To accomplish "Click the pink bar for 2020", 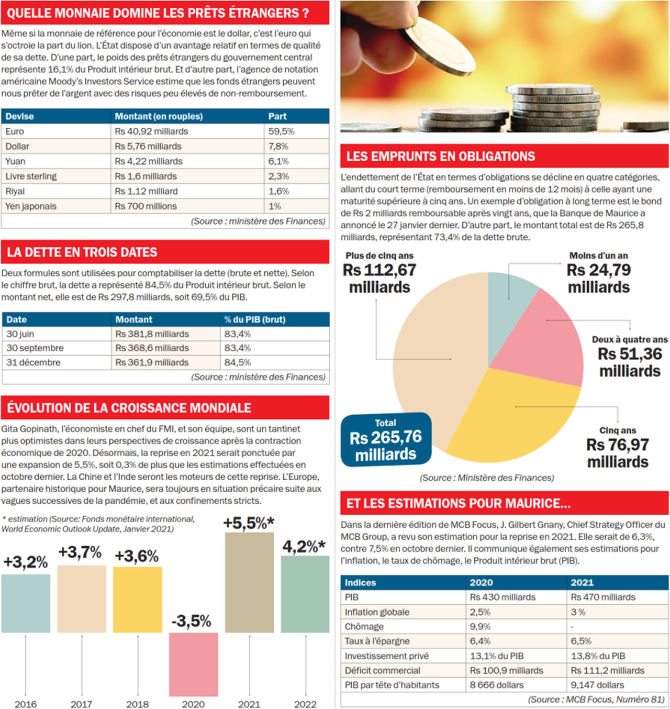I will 193,663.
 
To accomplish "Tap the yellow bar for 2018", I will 138,600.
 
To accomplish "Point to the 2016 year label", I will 26,704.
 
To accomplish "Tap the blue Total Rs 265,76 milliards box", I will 386,439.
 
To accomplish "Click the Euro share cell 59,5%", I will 282,131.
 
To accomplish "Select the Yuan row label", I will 16,161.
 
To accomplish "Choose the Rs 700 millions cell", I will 146,206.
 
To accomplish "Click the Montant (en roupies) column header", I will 159,116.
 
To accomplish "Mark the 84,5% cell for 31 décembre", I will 238,362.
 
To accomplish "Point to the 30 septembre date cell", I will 35,348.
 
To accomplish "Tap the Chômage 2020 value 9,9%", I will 480,627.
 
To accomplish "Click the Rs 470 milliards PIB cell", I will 603,597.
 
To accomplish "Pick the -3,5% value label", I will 192,621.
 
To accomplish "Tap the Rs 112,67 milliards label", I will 379,279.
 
